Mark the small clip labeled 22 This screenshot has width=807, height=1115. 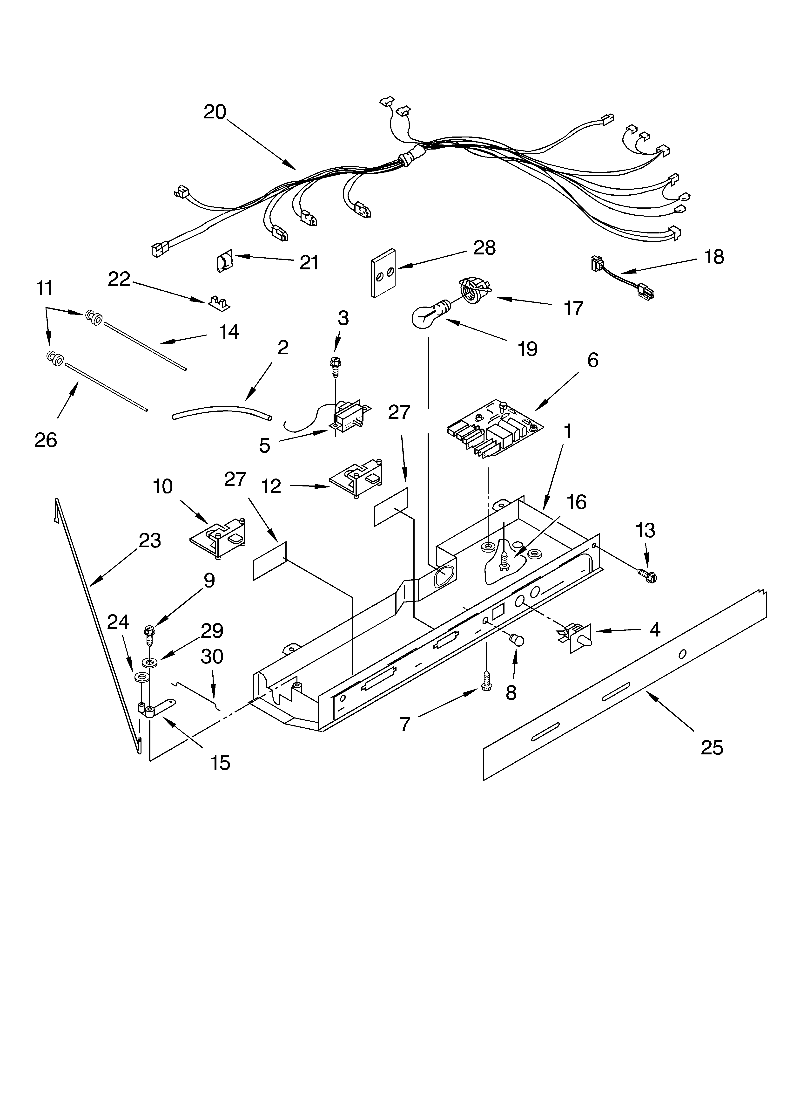[x=219, y=303]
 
